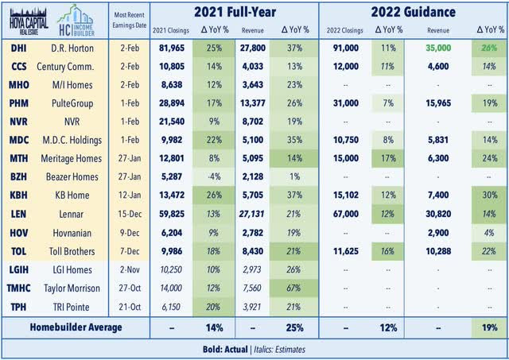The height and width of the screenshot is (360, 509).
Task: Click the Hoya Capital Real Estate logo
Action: point(29,21)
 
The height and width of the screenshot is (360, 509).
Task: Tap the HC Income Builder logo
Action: point(76,21)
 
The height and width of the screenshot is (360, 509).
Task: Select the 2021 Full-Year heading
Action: point(235,13)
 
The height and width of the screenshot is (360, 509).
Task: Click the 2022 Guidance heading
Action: point(414,13)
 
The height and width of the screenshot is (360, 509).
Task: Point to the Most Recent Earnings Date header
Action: point(129,20)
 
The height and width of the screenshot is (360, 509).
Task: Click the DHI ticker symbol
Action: point(19,48)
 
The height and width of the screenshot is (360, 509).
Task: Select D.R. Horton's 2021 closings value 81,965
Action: point(172,48)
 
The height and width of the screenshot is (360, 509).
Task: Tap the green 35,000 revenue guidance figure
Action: point(438,48)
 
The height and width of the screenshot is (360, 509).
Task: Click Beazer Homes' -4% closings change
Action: point(214,176)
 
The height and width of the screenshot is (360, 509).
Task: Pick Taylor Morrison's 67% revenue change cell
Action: point(293,288)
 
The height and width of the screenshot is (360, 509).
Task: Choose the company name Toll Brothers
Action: point(72,251)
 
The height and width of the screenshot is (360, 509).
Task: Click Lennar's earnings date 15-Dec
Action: point(130,214)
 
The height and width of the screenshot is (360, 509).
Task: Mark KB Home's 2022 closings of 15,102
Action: point(346,195)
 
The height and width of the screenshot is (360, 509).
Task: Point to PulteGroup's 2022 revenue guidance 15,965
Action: point(438,103)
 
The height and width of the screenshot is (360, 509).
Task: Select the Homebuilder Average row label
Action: point(76,327)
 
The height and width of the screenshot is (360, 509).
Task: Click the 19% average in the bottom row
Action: point(490,327)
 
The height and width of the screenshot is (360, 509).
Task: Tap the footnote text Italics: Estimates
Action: point(279,350)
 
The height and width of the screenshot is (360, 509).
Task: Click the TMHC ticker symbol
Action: point(19,288)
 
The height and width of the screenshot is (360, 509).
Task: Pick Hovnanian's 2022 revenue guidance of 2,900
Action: point(438,233)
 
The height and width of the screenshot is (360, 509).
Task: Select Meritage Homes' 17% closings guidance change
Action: point(388,158)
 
